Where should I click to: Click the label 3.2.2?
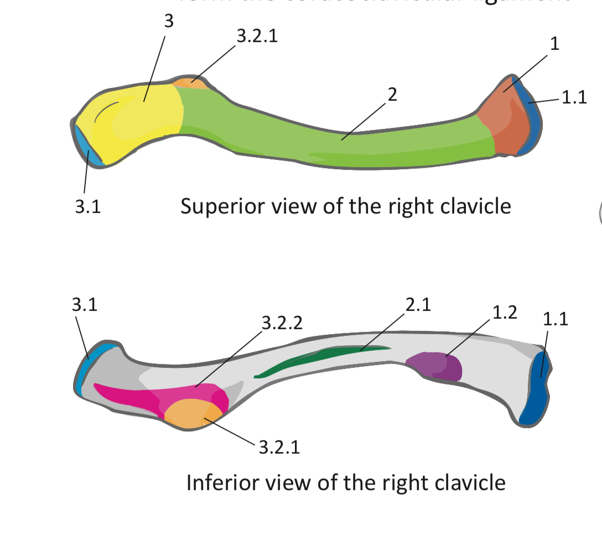tap(282, 324)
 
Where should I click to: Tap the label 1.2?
tap(504, 312)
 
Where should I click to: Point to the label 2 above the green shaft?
tap(392, 95)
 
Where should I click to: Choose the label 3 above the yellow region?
tap(169, 22)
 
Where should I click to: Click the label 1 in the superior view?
tap(554, 44)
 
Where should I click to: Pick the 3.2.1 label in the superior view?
tap(257, 37)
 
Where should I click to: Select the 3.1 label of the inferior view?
tap(85, 305)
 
